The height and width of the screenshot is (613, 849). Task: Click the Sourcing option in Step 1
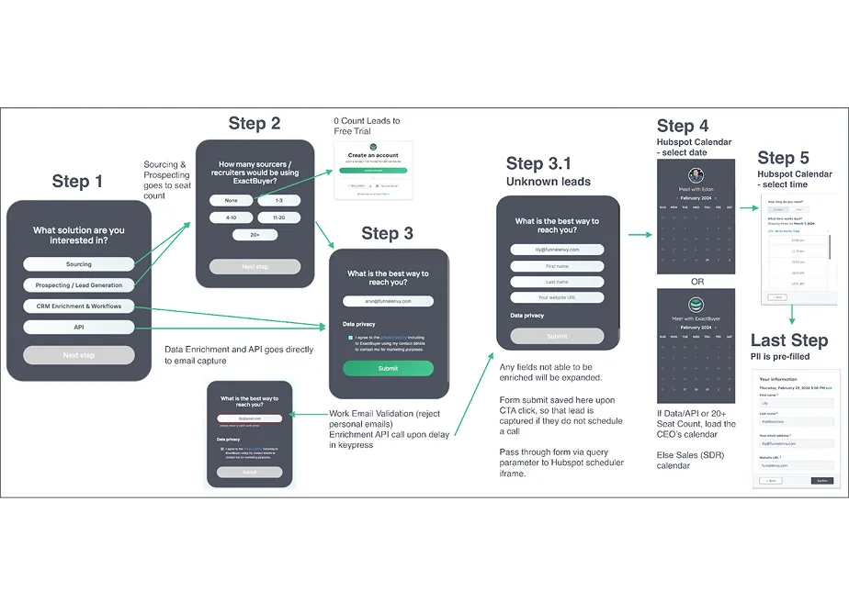(x=78, y=264)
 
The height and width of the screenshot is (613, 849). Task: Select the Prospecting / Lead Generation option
(x=78, y=285)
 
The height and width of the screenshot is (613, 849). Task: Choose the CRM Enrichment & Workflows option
(x=78, y=306)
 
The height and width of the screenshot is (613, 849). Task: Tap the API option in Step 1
(x=78, y=327)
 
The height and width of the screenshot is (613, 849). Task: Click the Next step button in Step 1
(x=78, y=355)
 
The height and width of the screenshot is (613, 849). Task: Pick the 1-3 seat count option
(x=277, y=200)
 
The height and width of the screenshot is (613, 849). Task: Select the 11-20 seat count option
(x=277, y=217)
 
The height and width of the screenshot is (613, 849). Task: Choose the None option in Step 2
(x=232, y=200)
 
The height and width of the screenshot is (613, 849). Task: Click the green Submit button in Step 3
(x=388, y=368)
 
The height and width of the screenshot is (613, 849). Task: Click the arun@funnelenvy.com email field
(x=388, y=301)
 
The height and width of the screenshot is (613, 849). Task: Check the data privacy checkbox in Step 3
(x=349, y=338)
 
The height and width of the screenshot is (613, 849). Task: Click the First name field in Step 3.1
(x=557, y=265)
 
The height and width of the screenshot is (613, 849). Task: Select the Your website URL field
(x=557, y=297)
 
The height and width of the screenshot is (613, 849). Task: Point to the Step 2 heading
(x=255, y=124)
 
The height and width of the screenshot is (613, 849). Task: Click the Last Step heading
(x=788, y=340)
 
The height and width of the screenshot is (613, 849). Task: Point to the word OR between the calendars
(x=696, y=282)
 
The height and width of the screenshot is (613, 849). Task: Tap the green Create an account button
(x=373, y=170)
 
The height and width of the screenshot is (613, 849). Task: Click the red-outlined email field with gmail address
(x=249, y=418)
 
